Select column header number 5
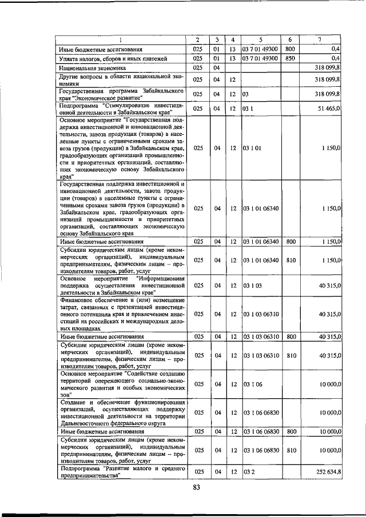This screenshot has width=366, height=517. (x=260, y=39)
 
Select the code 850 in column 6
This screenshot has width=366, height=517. (x=290, y=58)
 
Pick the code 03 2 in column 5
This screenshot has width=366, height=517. (x=248, y=472)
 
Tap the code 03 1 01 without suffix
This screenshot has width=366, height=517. (x=252, y=148)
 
